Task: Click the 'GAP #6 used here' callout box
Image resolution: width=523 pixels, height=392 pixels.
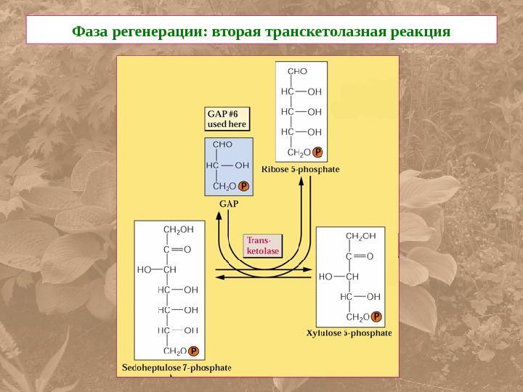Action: tap(228, 118)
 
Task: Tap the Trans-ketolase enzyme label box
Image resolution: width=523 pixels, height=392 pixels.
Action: tap(262, 245)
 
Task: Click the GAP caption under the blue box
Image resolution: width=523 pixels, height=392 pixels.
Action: tap(229, 204)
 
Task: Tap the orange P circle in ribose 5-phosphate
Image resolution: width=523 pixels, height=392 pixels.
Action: tap(317, 152)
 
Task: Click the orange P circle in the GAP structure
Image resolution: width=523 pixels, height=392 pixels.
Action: tap(244, 186)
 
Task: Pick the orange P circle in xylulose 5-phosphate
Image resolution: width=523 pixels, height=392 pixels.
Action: tap(376, 317)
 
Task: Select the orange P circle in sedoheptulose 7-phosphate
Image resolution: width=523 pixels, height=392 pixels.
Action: tap(193, 351)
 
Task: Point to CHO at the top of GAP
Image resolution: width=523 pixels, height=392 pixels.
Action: tap(222, 144)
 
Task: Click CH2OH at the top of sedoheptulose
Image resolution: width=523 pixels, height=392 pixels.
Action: tap(179, 230)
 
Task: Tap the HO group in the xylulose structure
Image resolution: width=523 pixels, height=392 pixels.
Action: tap(325, 277)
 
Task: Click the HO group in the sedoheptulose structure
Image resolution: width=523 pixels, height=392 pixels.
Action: tap(144, 269)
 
